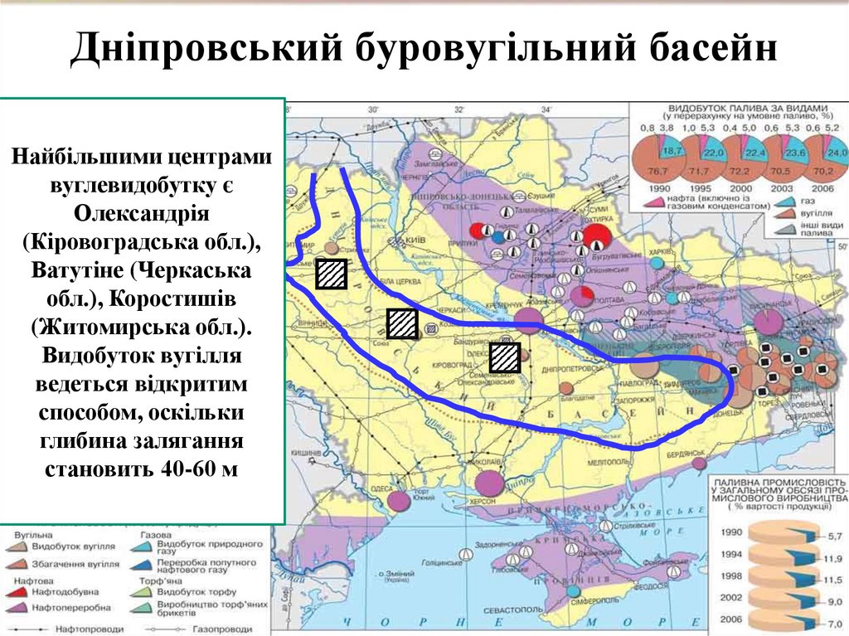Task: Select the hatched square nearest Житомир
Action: point(331,273)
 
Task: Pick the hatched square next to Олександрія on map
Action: point(503,357)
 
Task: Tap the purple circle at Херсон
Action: point(489,482)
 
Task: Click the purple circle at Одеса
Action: point(400,500)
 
